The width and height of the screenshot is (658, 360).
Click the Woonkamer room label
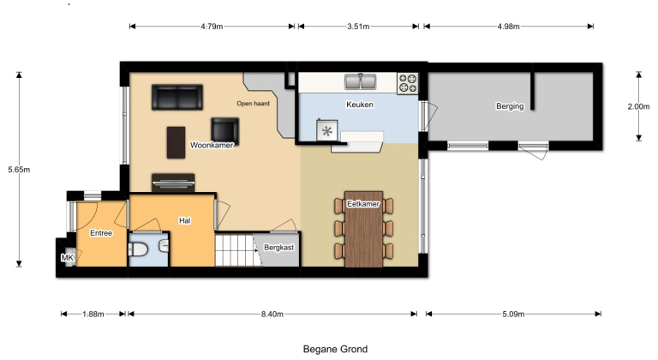(x=212, y=146)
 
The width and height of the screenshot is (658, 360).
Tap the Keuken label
(x=360, y=105)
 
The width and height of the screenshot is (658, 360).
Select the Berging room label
(x=510, y=106)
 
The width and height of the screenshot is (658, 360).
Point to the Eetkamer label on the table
(x=363, y=204)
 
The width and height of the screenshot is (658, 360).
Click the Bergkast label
(x=279, y=247)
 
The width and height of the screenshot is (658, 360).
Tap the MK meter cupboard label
(x=67, y=257)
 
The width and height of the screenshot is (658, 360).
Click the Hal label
(x=184, y=220)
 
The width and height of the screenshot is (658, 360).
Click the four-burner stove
(x=408, y=83)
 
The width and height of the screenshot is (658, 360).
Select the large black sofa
(x=176, y=97)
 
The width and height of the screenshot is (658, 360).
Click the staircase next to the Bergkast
(x=236, y=251)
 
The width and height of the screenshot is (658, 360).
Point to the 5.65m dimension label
(x=19, y=170)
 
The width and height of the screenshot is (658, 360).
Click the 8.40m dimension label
(x=274, y=314)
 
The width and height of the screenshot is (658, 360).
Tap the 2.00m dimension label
(x=639, y=106)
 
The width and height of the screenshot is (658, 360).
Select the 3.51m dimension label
(x=358, y=27)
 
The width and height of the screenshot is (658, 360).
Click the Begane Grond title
(x=335, y=349)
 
